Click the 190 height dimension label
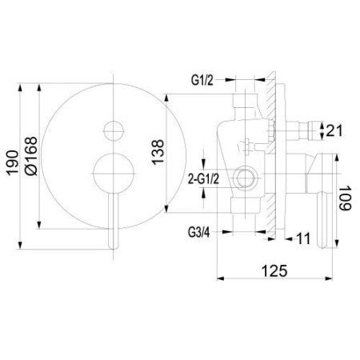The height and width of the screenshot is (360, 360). tap(13, 163)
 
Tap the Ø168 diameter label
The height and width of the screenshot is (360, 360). tap(31, 156)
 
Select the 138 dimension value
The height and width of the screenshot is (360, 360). tap(158, 152)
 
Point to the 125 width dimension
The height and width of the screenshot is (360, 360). tap(274, 271)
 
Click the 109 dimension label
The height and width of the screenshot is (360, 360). tap(346, 198)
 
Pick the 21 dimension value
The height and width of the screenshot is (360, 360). tap(334, 130)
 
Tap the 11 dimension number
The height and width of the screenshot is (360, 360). tap(303, 238)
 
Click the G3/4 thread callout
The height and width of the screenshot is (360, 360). tap(199, 233)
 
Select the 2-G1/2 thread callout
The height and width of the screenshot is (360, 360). tap(204, 179)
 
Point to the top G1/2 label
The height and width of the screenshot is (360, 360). tap(202, 80)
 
